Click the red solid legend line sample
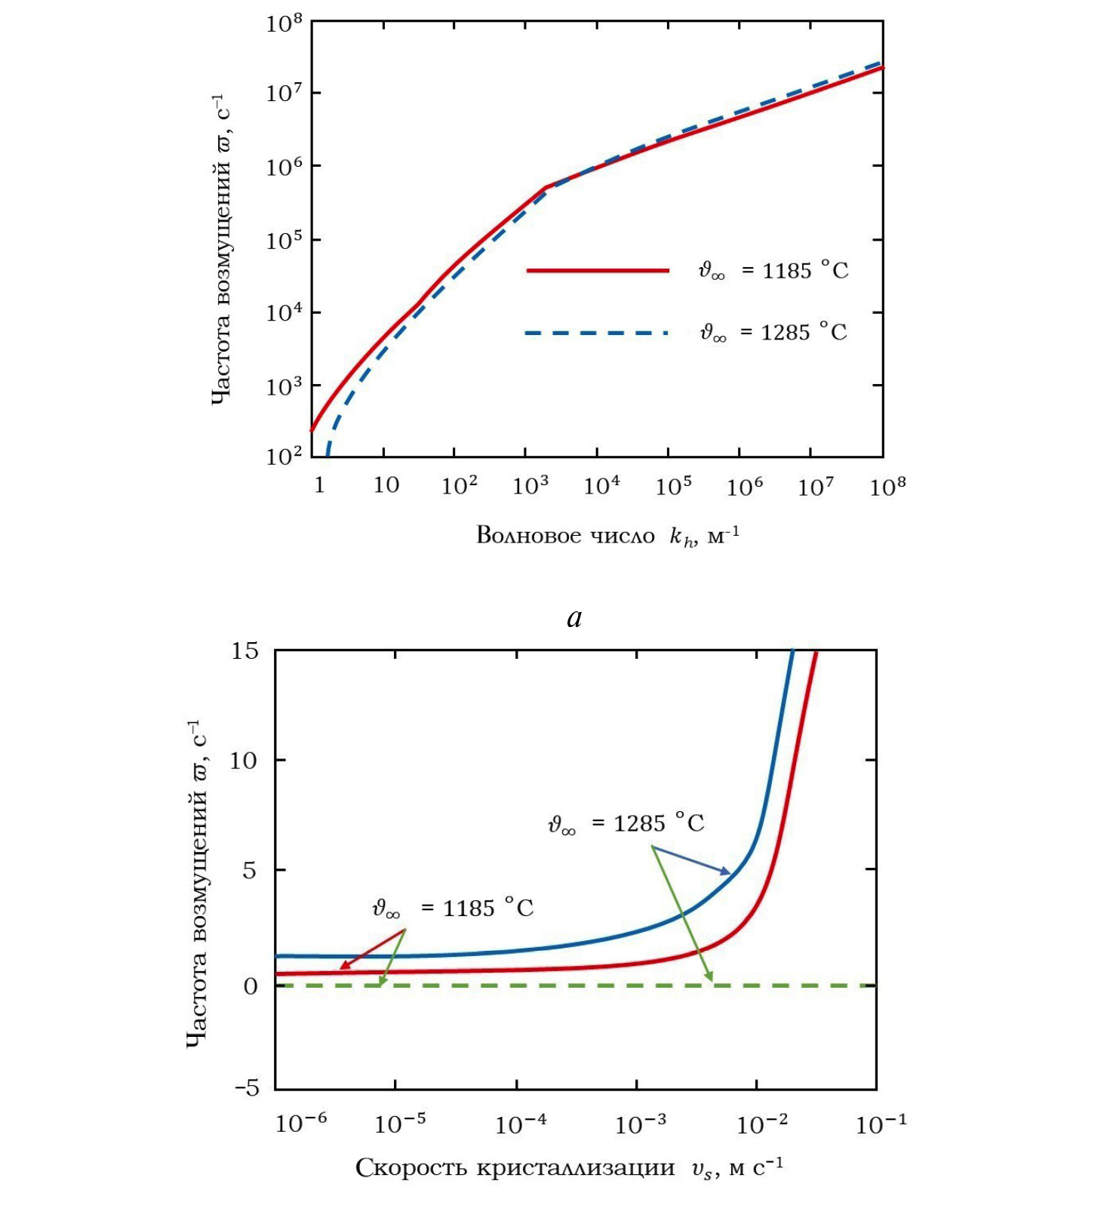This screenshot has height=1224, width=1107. [598, 270]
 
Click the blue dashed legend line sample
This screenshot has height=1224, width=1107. [596, 333]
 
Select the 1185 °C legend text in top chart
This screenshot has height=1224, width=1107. [773, 270]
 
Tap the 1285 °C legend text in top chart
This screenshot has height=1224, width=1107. [773, 332]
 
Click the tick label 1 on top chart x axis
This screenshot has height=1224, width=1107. [319, 485]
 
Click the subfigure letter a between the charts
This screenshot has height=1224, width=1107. [574, 618]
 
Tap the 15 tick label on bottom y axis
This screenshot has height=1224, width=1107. [244, 650]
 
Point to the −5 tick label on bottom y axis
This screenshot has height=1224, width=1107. [247, 1088]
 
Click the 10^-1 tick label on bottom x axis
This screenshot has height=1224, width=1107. [881, 1124]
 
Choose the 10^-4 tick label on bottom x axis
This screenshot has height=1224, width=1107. [521, 1124]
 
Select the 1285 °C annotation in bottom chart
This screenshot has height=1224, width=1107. [626, 823]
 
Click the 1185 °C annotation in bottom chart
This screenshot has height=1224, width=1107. [453, 908]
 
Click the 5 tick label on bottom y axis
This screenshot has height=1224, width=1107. [250, 871]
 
